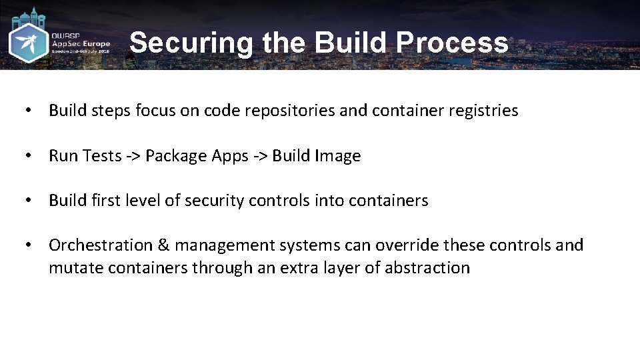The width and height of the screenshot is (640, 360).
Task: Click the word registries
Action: (x=483, y=111)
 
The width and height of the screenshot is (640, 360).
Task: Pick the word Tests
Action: (x=101, y=156)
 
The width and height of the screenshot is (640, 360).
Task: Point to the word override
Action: (x=407, y=245)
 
